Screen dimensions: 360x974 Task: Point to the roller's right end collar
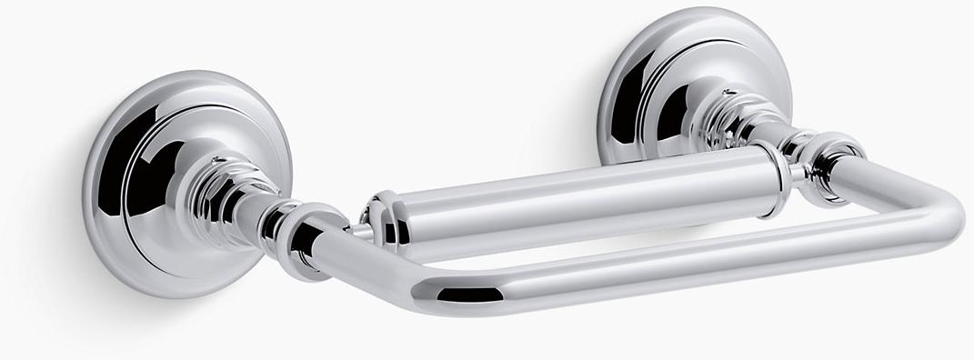[x=771, y=176]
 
